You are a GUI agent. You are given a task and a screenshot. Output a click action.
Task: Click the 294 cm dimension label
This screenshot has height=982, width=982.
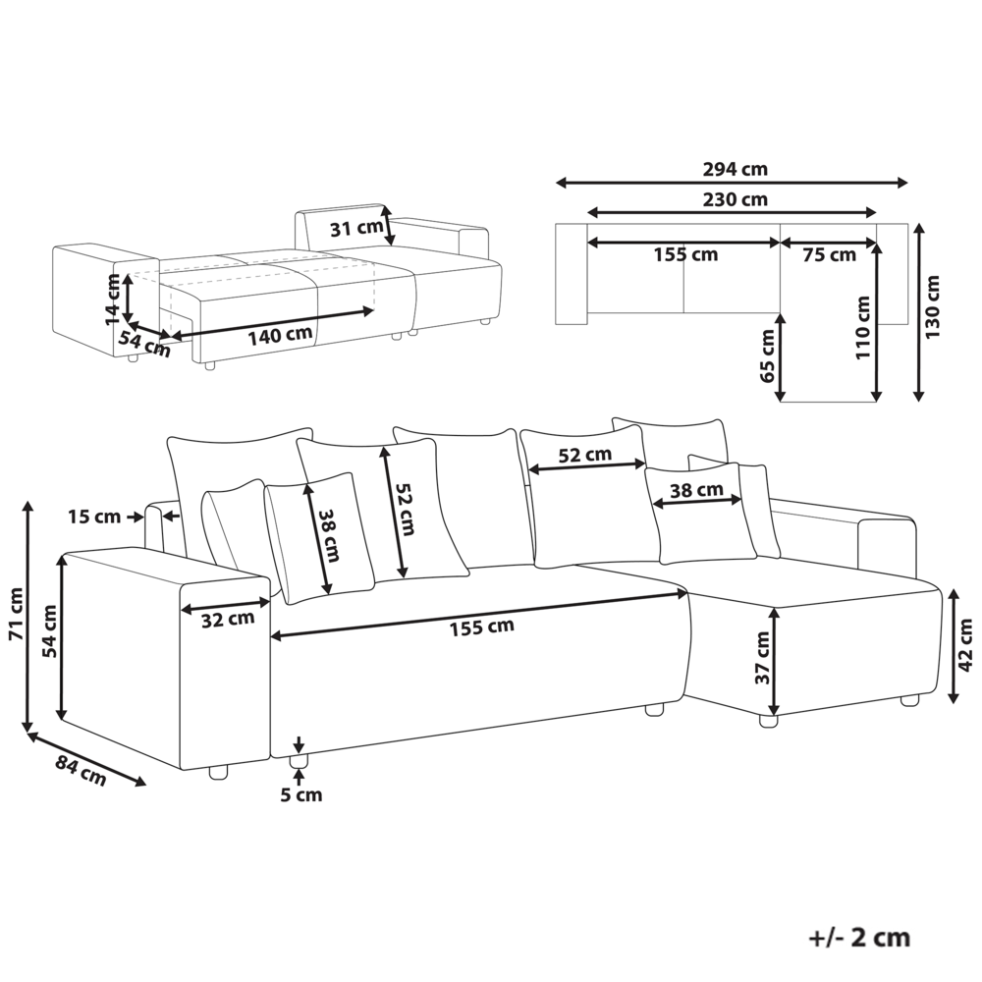point(735,169)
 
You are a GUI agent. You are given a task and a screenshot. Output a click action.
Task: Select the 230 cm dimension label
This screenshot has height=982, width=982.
point(735,199)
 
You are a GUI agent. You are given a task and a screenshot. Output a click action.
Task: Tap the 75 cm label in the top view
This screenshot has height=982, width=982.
point(829,255)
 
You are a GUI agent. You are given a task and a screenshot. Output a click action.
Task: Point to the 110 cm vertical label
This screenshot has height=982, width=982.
point(863,328)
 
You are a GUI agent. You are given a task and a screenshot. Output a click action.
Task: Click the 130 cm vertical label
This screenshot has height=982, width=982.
point(933,306)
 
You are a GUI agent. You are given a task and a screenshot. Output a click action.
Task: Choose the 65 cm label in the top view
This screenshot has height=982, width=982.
point(767,355)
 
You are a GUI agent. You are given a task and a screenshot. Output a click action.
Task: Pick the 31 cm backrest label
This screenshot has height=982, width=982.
point(356,229)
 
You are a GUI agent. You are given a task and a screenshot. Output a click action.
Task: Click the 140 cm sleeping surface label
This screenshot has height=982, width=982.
point(280,336)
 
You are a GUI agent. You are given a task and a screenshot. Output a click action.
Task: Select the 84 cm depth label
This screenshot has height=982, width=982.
point(81,771)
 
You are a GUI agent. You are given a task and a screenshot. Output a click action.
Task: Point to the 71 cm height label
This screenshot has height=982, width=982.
point(17,614)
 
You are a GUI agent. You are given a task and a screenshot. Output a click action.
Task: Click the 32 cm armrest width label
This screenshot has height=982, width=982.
point(228,620)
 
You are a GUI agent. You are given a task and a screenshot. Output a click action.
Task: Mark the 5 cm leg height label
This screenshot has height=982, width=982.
point(300,795)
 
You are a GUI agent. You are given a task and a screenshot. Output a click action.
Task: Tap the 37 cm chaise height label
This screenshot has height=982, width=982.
point(762,658)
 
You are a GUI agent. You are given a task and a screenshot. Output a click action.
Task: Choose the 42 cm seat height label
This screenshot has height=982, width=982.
point(965,644)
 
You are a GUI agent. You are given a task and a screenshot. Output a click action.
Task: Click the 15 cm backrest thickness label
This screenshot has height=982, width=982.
point(94,517)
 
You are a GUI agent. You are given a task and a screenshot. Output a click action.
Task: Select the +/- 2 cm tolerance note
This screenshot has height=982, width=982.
point(858,938)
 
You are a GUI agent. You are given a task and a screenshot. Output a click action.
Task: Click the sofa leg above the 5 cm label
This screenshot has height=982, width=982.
point(299,762)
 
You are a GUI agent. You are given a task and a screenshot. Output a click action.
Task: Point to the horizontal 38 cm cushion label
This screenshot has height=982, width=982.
point(696,490)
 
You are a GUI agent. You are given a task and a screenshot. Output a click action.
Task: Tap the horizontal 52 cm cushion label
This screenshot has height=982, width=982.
point(585,455)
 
